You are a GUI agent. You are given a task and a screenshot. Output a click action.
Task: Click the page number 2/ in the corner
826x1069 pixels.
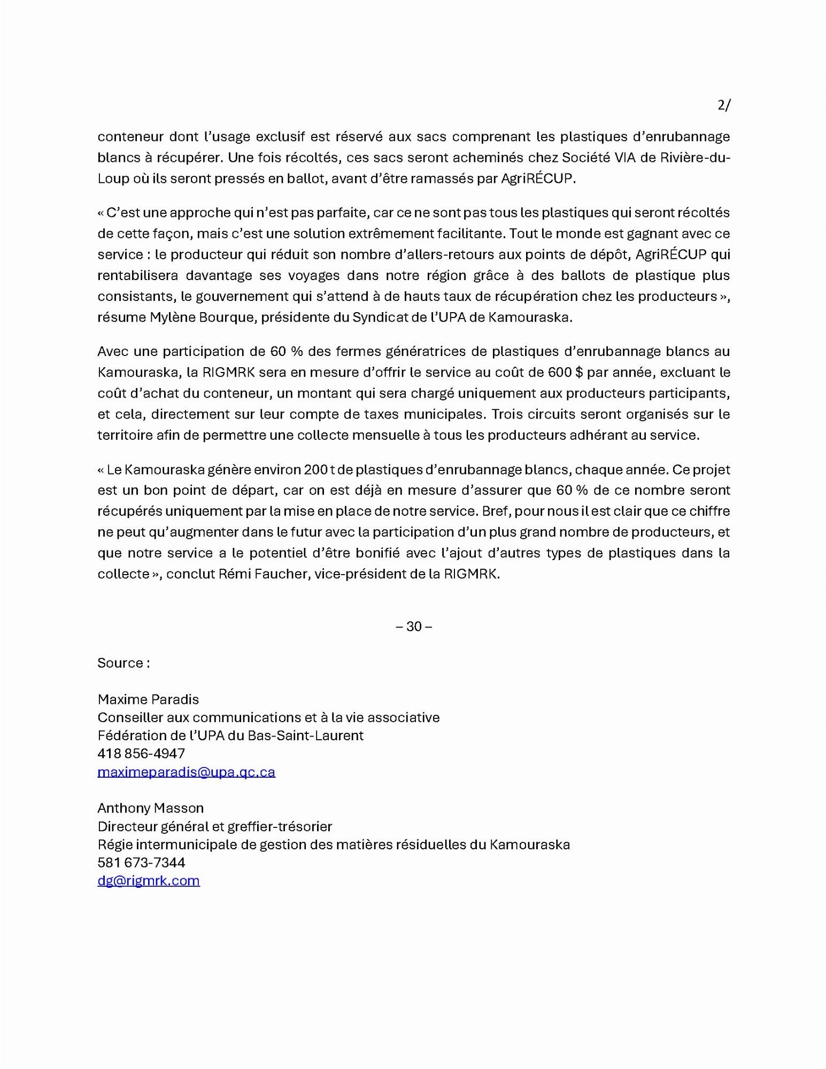723,105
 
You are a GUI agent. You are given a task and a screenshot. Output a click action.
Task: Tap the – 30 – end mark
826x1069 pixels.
414,626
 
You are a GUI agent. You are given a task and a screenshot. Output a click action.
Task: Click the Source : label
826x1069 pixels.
123,663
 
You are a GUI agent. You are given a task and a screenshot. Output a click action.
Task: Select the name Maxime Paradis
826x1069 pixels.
148,699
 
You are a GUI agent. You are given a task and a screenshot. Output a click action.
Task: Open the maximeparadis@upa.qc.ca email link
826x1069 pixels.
186,772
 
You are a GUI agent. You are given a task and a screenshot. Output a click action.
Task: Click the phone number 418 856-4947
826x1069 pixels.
141,754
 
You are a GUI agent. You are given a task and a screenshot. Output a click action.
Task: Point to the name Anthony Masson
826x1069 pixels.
150,808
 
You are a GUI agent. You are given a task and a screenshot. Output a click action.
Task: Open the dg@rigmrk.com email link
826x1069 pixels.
149,881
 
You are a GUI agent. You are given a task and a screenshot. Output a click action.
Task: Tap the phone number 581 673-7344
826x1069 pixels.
141,863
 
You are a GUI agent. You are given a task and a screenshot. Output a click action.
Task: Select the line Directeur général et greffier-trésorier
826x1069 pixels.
214,826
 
